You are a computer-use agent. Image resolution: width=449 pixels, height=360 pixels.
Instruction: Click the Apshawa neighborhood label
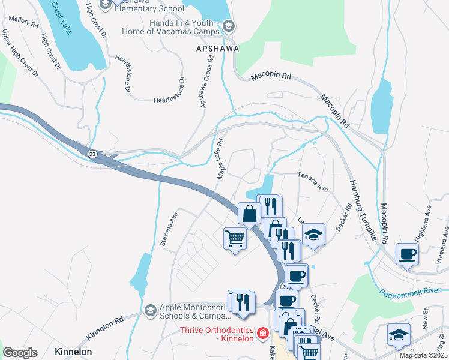(x=217, y=48)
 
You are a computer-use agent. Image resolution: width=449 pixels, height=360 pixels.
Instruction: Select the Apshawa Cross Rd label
(x=207, y=82)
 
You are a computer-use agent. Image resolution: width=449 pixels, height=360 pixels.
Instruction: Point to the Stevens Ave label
(x=170, y=229)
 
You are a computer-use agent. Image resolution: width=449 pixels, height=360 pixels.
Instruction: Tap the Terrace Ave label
(x=312, y=181)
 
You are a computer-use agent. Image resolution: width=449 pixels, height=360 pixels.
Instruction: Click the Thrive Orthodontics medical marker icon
(x=262, y=332)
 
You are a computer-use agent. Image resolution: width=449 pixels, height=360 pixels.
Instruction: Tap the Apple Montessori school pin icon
(x=150, y=310)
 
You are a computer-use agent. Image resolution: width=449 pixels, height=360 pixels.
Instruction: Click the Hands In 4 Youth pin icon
(x=228, y=26)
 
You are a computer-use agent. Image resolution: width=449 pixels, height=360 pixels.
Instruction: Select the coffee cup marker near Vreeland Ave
(x=407, y=254)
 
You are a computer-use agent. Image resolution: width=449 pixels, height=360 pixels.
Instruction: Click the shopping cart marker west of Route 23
(x=235, y=239)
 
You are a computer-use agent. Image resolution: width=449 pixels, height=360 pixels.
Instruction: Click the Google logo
(x=20, y=353)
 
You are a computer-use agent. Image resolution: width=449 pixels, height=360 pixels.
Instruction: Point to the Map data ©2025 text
(x=423, y=355)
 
